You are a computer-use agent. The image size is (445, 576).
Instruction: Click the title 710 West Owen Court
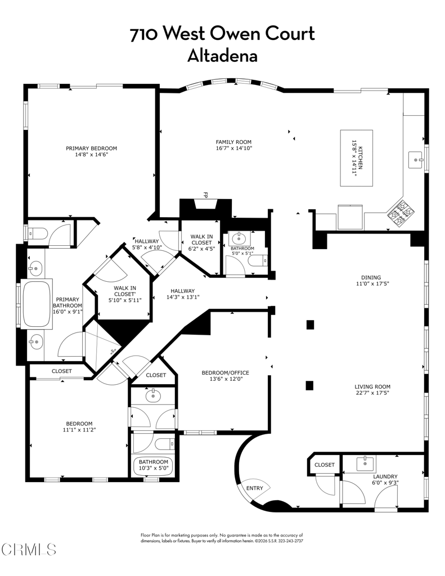point(222,34)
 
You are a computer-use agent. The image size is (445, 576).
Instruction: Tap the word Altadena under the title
point(222,56)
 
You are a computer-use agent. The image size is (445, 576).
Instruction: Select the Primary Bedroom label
point(91,148)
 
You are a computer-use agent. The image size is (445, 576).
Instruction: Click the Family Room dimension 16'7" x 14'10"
point(233,148)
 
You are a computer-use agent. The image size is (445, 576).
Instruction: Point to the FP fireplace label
point(205,195)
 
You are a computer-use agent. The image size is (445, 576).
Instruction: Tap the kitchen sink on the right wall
point(417,160)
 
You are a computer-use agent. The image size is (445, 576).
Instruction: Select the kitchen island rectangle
point(356,159)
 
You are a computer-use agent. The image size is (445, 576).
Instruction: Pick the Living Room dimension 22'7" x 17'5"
point(372,393)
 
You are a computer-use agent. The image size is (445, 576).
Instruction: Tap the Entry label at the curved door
point(254,488)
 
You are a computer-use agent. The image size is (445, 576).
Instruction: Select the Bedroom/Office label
point(225,372)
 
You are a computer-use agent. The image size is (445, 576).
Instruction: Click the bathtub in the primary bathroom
point(37,304)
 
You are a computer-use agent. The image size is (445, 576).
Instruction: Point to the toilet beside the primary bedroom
point(35,233)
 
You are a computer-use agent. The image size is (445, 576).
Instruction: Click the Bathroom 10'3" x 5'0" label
point(154,465)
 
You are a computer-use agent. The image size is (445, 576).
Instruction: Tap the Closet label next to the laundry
point(325,465)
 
